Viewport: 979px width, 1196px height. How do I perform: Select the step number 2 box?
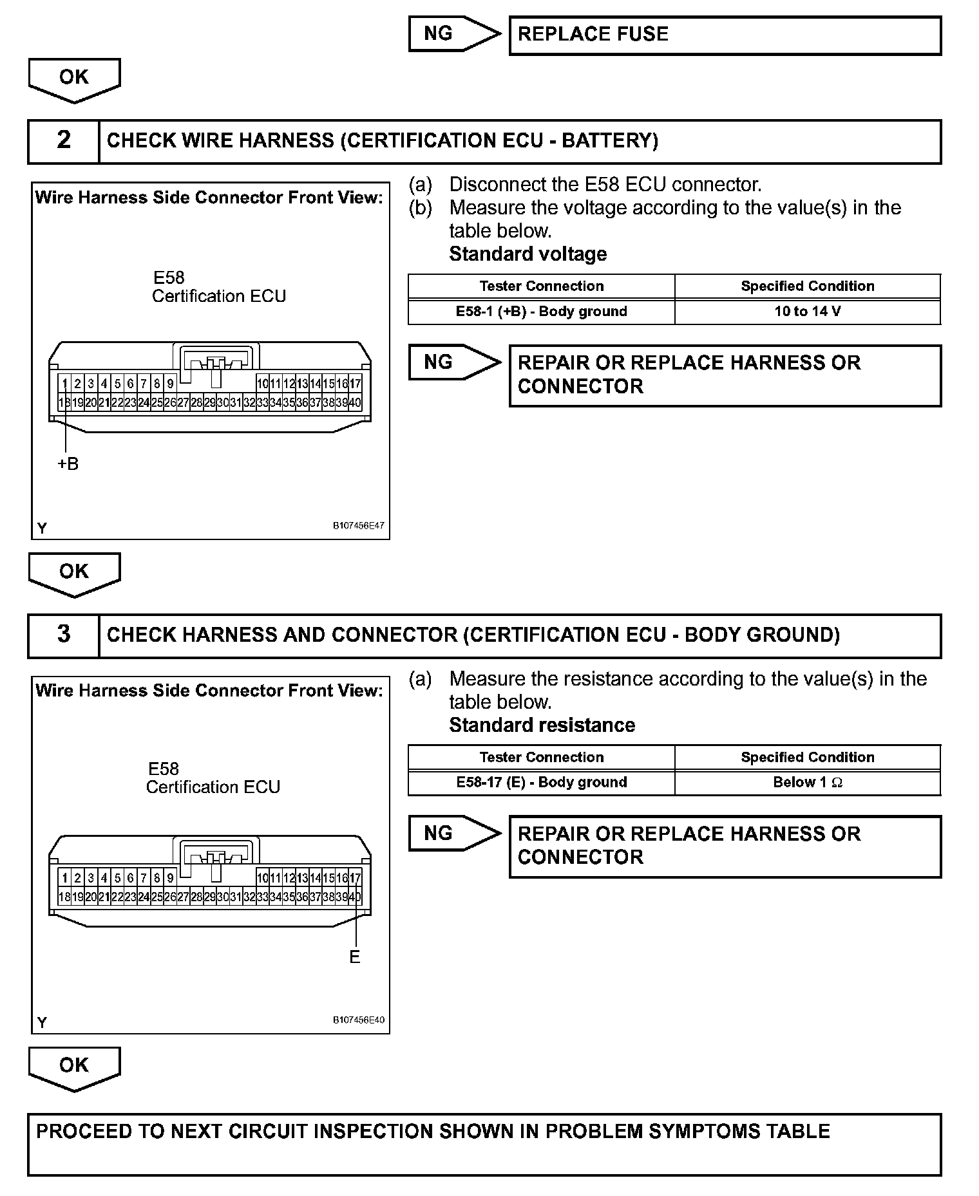click(64, 140)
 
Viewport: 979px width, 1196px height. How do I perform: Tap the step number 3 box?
click(64, 635)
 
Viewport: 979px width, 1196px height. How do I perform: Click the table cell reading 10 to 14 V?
click(807, 312)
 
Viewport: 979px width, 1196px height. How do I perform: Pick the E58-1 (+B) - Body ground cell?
click(541, 312)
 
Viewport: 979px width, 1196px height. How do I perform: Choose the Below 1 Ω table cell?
click(807, 783)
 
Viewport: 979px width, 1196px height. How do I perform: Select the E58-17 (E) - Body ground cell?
click(541, 783)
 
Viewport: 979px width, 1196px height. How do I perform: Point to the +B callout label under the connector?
click(68, 463)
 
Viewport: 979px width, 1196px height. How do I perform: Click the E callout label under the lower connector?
click(354, 957)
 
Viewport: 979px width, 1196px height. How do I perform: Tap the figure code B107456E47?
click(358, 525)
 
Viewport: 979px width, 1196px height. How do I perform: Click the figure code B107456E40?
click(358, 1020)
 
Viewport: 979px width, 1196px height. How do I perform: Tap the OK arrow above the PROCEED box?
click(74, 1067)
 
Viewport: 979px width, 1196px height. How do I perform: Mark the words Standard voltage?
click(528, 254)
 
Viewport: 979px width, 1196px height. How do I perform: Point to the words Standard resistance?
click(542, 725)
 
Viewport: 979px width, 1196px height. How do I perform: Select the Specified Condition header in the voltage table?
click(807, 286)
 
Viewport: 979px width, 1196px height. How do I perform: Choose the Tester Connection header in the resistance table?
click(541, 758)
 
